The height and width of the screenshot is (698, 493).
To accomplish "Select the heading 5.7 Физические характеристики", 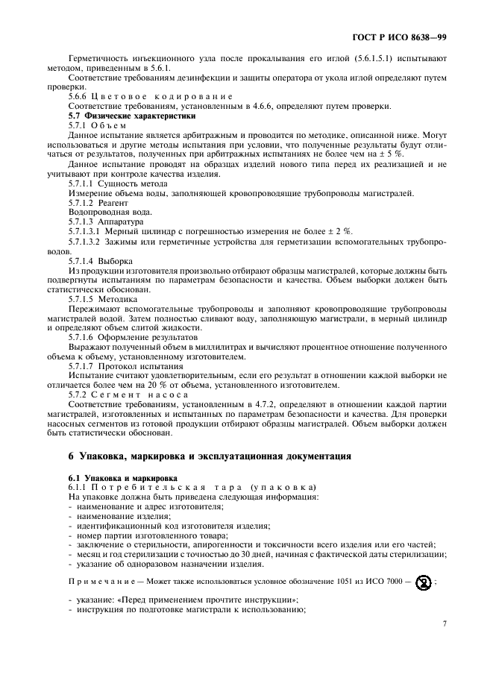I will [121, 116].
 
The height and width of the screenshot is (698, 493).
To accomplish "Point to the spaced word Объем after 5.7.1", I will [111, 125].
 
